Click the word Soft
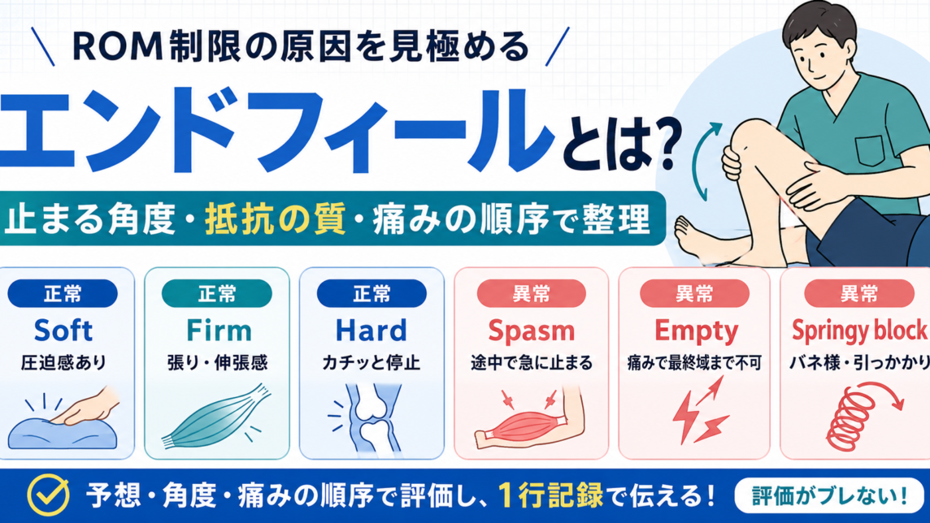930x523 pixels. coord(63,331)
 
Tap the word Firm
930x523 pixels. coord(219,331)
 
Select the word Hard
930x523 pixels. coord(372,331)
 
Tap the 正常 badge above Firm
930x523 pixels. coord(216,294)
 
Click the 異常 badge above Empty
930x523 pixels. coord(694,294)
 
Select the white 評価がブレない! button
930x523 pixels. coord(829,495)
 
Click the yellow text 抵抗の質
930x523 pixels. coord(276,219)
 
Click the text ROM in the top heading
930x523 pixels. coord(117,47)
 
